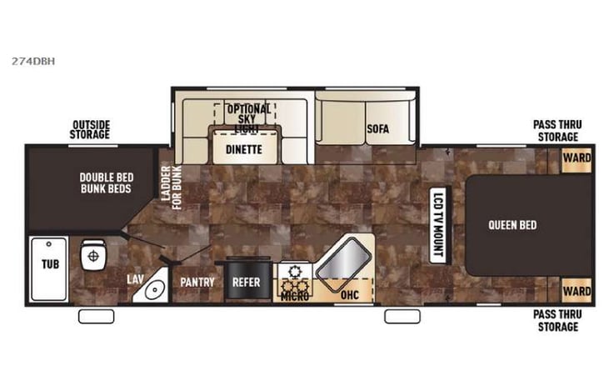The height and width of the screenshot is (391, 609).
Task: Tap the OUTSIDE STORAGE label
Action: click(x=91, y=130)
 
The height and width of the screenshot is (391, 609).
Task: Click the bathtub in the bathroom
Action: click(x=48, y=268)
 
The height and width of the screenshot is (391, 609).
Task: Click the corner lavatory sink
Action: click(x=152, y=288)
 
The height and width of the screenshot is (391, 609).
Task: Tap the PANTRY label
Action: click(x=197, y=282)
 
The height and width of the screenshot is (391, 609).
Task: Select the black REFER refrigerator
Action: click(x=246, y=282)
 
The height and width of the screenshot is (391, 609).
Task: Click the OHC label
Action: click(x=350, y=293)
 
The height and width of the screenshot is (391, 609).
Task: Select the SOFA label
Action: click(x=377, y=129)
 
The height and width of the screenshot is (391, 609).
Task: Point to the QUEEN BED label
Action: click(x=512, y=225)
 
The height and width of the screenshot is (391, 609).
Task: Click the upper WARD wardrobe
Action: click(x=577, y=158)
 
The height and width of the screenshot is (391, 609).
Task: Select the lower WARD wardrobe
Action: click(x=577, y=291)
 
